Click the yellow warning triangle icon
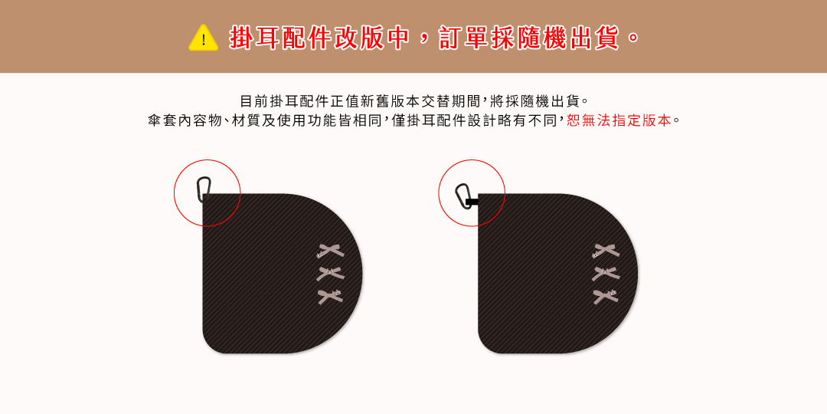pos(203,38)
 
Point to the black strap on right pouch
pos(472,202)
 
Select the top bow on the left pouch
pos(330,251)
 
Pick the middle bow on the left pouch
pos(330,272)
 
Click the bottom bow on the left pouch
pos(330,294)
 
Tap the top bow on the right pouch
pos(606,251)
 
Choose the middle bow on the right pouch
pos(606,272)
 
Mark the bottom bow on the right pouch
pos(606,294)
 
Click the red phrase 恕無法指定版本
pos(619,120)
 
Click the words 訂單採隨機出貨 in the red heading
pos(529,38)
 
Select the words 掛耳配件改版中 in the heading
pos(320,38)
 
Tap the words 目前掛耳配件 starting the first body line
pos(285,100)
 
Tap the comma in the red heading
pos(424,43)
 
